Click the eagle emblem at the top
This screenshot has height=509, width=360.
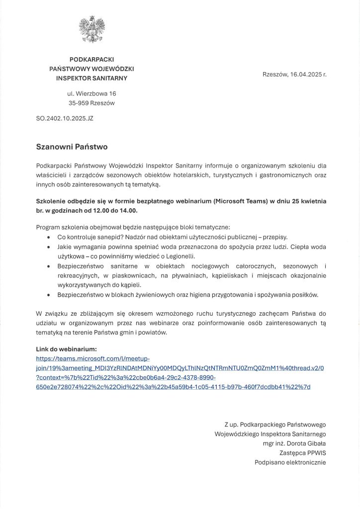pyautogui.click(x=92, y=29)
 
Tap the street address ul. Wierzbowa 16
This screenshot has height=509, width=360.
pyautogui.click(x=91, y=93)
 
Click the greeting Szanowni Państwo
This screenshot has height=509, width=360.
pyautogui.click(x=72, y=147)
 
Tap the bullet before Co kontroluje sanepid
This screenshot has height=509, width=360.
pyautogui.click(x=48, y=237)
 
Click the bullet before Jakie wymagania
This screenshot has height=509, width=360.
pyautogui.click(x=48, y=247)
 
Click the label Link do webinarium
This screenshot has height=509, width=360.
pyautogui.click(x=67, y=349)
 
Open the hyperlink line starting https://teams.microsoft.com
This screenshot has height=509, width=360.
pyautogui.click(x=93, y=358)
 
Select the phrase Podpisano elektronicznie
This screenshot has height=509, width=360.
pyautogui.click(x=290, y=462)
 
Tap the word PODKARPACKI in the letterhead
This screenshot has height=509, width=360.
pyautogui.click(x=91, y=59)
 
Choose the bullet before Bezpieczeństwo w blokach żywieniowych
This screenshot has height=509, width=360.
pyautogui.click(x=48, y=295)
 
